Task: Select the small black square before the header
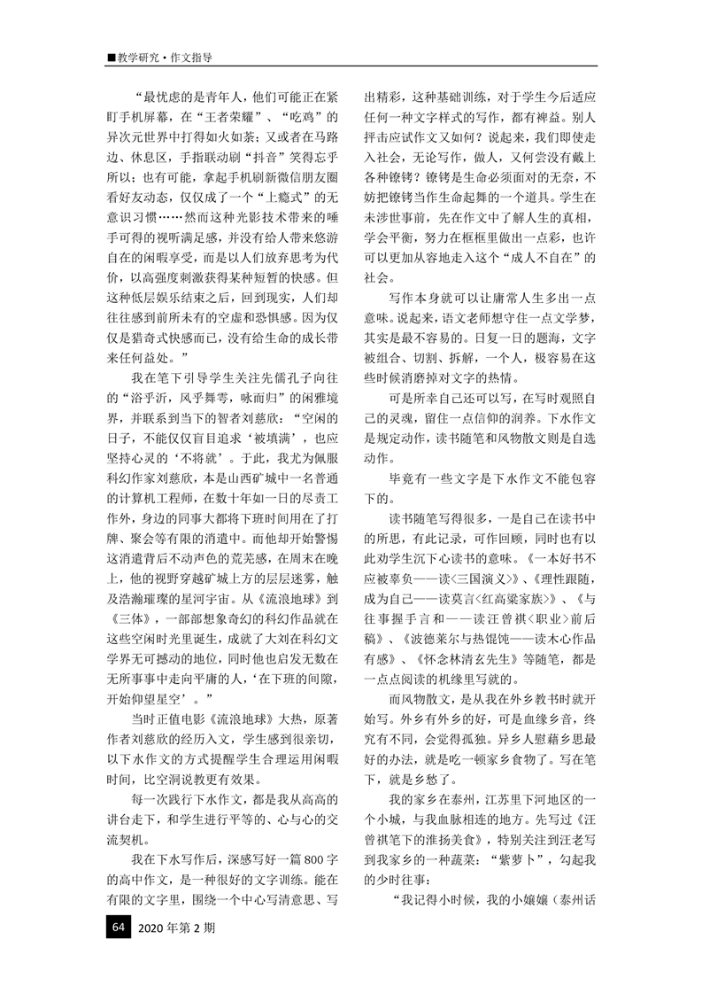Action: (111, 58)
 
